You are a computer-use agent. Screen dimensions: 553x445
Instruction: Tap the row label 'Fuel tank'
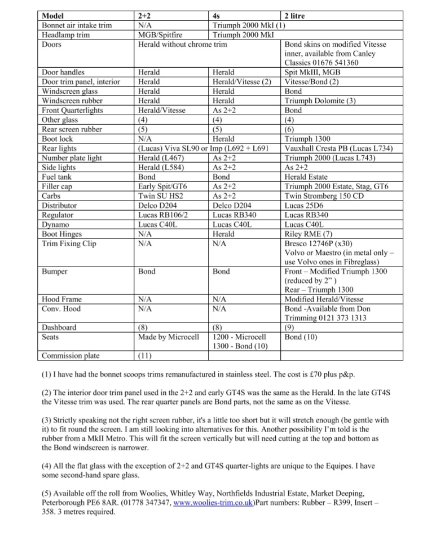(57, 177)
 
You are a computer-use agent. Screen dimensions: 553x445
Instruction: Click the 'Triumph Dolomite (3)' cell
(320, 101)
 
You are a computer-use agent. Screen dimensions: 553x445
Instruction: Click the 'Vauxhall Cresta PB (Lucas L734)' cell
(342, 149)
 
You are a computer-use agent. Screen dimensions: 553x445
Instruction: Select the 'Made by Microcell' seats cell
(169, 337)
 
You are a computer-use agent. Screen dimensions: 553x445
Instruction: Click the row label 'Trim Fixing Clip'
(69, 243)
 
